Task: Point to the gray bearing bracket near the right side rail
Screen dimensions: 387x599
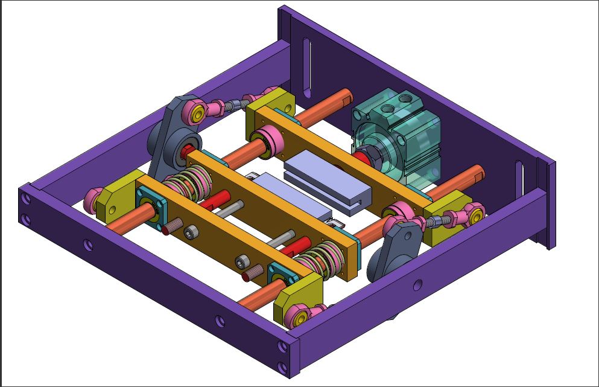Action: [x=395, y=248]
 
